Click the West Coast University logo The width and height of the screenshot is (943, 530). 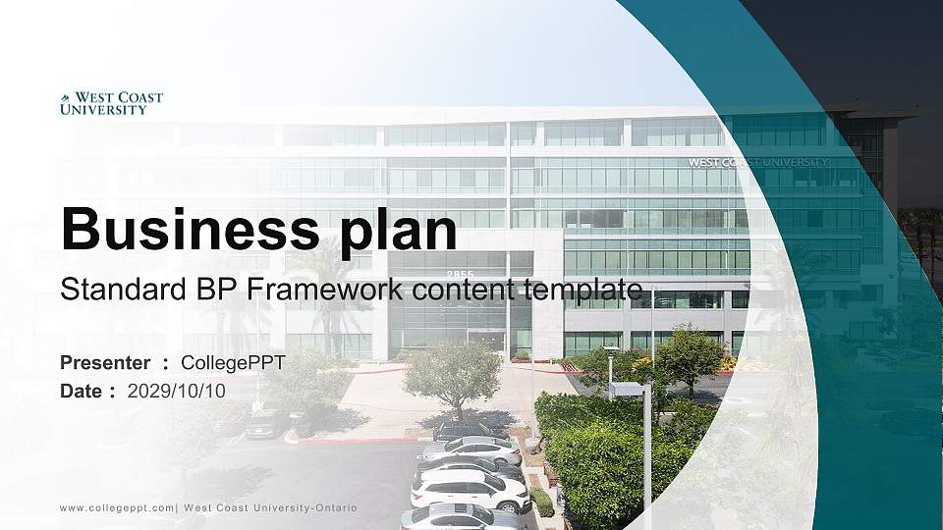point(111,104)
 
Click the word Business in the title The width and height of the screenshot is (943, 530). point(183,230)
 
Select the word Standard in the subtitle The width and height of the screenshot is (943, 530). point(107,290)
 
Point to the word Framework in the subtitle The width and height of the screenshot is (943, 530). point(310,290)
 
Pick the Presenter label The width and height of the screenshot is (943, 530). point(105,363)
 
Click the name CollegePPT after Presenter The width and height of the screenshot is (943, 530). point(233,363)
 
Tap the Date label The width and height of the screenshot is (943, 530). point(83,391)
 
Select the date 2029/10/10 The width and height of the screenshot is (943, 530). point(177,391)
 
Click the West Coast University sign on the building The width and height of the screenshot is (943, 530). point(756,162)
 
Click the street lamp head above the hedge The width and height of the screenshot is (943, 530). point(625,390)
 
